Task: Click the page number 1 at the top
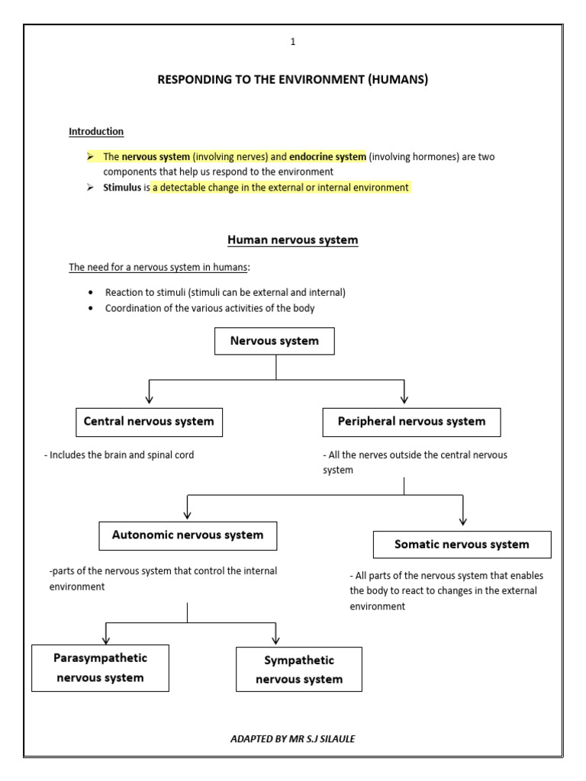point(292,42)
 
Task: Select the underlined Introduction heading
point(96,132)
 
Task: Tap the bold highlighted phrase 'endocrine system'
point(327,157)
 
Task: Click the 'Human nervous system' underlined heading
point(292,240)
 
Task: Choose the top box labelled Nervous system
point(275,341)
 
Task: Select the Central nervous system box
point(149,422)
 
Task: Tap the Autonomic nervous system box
point(188,535)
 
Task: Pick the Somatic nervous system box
point(462,545)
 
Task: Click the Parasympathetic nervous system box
point(100,668)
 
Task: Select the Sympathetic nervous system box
point(299,670)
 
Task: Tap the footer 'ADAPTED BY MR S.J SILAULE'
point(292,739)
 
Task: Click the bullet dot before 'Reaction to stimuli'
point(91,293)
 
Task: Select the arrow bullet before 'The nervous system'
point(91,157)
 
